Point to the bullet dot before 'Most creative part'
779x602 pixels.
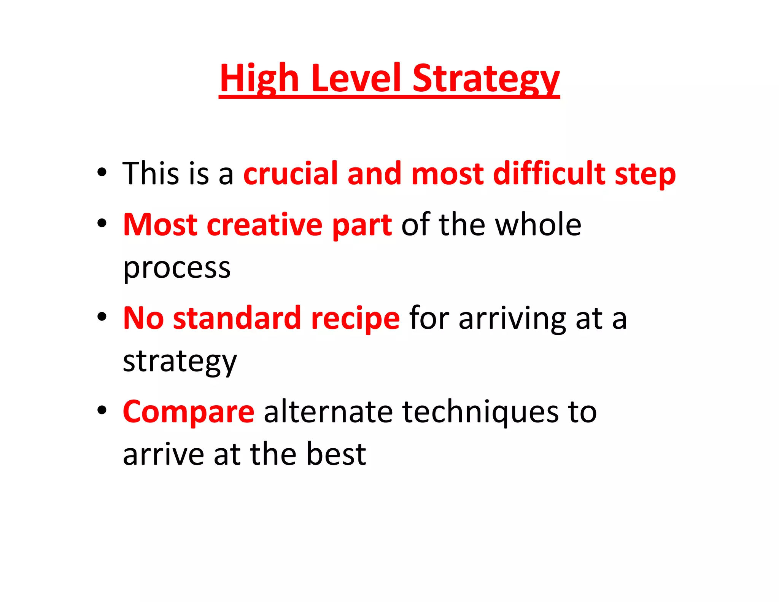[x=102, y=223]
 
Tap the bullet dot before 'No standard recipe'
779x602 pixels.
[x=102, y=317]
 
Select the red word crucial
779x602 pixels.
[x=291, y=174]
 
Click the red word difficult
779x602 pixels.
[x=549, y=174]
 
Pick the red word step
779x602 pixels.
[x=645, y=175]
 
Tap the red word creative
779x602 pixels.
[x=264, y=225]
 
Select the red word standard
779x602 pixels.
[x=237, y=318]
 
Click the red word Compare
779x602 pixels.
[x=189, y=412]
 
